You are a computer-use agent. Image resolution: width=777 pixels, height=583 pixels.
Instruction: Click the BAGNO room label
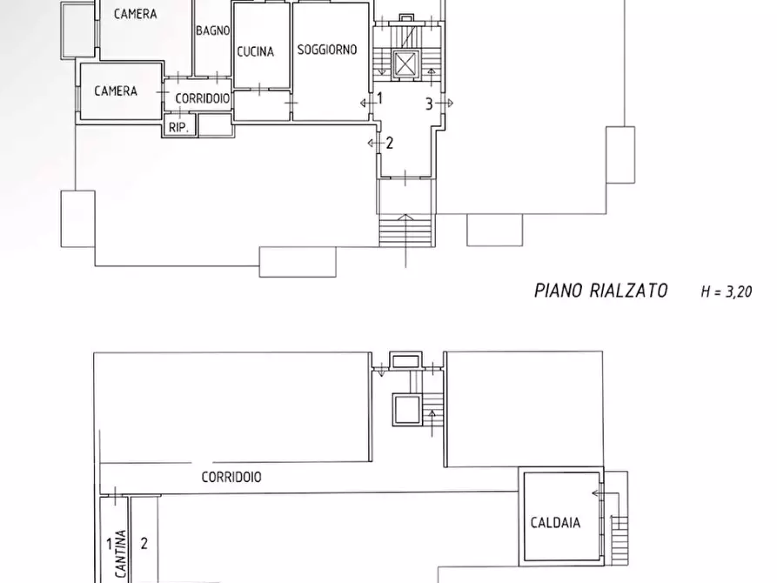coord(212,30)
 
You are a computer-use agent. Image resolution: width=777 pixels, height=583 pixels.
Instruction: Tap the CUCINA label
coord(255,51)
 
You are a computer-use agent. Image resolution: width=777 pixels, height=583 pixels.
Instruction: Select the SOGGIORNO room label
coord(327,50)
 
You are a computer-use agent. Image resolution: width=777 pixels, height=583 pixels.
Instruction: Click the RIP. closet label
coord(181,126)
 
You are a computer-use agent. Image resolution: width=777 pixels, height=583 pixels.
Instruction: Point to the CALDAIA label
coord(555,523)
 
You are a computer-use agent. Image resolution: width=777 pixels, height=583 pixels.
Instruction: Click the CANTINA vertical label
coord(122,555)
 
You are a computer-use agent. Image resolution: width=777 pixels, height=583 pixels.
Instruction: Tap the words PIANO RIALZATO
coord(600,291)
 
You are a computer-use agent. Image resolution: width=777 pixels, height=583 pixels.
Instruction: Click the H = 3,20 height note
coord(726,291)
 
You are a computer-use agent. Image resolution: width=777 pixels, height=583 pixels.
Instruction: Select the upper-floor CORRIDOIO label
coord(203,98)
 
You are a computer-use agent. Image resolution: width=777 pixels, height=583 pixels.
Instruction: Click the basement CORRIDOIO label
coord(231,477)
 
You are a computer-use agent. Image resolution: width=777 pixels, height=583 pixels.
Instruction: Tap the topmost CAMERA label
coord(135,14)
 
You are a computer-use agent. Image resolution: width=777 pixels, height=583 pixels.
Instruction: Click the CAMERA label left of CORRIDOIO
coord(116,90)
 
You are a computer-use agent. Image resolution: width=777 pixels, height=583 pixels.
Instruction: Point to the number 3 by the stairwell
coord(429,104)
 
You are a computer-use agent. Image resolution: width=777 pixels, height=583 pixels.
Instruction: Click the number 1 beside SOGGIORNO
coord(379,99)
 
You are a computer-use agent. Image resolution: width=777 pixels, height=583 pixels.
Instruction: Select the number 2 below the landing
coord(390,143)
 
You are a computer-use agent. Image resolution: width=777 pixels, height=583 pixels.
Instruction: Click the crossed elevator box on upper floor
coord(405,64)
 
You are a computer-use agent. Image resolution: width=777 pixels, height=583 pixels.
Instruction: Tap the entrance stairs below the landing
coord(405,230)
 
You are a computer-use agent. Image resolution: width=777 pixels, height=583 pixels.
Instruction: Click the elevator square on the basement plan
coord(405,409)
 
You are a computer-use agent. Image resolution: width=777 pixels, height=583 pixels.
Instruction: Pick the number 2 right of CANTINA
coord(144,544)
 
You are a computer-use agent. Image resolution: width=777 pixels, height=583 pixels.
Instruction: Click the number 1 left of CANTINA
coord(110,545)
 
